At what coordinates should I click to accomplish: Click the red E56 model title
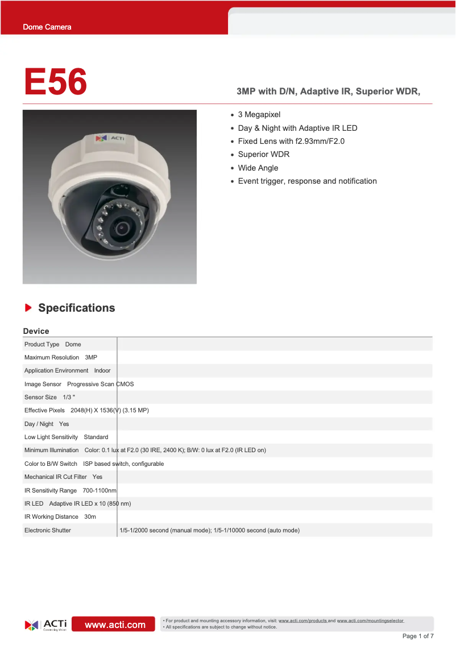coord(55,82)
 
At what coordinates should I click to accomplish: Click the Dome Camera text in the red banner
coord(47,27)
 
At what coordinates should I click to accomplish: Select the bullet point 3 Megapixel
coord(259,115)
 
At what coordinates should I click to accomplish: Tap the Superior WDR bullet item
coord(264,155)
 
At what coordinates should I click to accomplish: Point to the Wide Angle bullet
coord(258,168)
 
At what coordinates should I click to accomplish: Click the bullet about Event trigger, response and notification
coord(307,181)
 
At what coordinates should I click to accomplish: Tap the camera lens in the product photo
coord(121,228)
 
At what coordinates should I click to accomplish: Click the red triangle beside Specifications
coord(28,308)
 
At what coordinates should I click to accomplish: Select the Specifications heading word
coord(77,308)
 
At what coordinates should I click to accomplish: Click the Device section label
coord(36,331)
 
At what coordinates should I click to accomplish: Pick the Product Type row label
coord(42,344)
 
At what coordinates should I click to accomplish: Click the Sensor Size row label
coord(40,397)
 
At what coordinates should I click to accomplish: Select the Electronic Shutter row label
coord(48,530)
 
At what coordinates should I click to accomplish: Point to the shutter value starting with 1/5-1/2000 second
coord(209,530)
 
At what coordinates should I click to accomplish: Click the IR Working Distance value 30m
coord(90,517)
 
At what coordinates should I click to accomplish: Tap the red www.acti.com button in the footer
coord(115,625)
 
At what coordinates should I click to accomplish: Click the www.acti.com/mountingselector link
coord(370,621)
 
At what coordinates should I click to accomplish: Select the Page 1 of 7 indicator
coord(418,636)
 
